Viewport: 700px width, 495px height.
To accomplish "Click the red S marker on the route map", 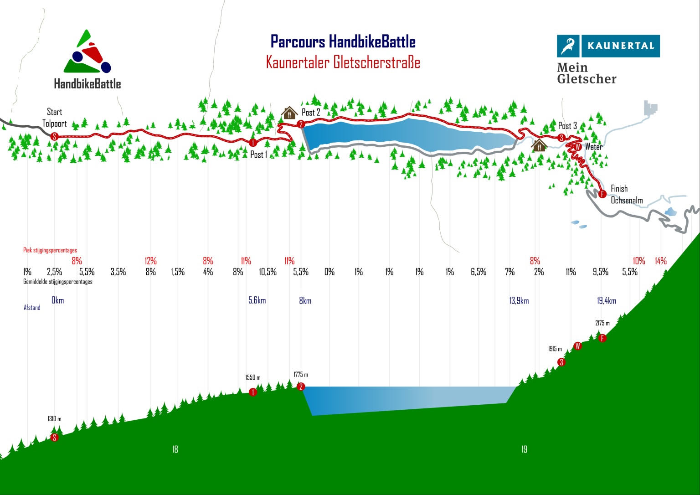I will coord(54,136).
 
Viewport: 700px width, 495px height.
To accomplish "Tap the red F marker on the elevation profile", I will coord(602,338).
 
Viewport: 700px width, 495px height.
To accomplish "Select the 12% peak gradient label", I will coord(150,261).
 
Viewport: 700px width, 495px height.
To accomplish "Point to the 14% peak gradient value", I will coord(661,261).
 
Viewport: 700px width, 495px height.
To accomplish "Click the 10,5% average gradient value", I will coord(268,272).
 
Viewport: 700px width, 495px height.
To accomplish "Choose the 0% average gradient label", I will coord(329,272).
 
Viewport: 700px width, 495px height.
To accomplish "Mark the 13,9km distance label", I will coord(519,301).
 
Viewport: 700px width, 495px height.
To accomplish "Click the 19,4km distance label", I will coord(607,301).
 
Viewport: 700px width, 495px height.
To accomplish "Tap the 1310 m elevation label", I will coord(54,419).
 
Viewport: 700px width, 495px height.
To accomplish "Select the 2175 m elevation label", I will coord(602,323).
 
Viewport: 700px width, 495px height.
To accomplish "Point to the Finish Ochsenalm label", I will coord(626,195).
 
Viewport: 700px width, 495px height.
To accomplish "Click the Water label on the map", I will coord(593,147).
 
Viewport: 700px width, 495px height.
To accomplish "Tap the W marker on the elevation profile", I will coord(577,346).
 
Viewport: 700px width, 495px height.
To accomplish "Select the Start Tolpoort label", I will coord(55,118).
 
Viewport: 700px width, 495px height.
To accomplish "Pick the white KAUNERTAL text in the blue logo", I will coord(620,46).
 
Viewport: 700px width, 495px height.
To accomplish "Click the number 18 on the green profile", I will coord(175,449).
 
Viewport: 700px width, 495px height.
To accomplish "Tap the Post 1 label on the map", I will coord(258,155).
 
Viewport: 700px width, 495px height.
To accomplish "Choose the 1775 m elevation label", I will coord(301,375).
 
